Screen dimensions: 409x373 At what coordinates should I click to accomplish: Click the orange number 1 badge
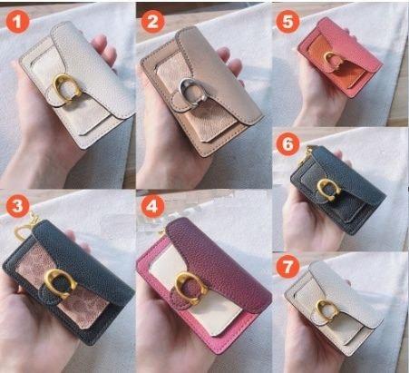tap(17, 21)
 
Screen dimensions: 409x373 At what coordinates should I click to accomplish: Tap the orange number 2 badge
tap(152, 21)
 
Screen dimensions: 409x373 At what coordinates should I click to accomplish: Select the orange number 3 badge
tap(17, 206)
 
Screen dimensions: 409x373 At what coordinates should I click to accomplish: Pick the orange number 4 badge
tap(152, 206)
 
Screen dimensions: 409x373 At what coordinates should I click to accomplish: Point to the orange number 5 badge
tap(287, 21)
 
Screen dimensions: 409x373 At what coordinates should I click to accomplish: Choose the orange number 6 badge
tap(287, 144)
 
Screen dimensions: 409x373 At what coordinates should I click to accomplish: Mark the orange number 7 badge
tap(287, 267)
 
